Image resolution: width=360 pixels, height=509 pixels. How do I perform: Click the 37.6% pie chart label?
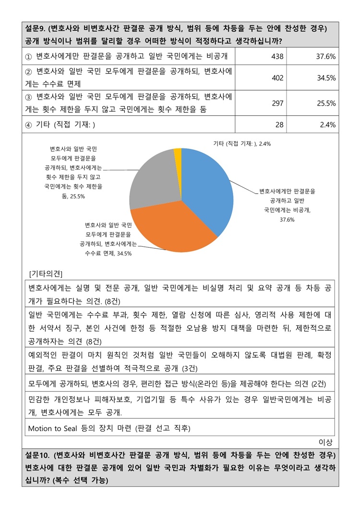click(287, 205)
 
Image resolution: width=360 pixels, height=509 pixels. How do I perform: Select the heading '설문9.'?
click(36, 28)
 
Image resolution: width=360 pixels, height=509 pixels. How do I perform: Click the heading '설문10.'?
click(38, 455)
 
